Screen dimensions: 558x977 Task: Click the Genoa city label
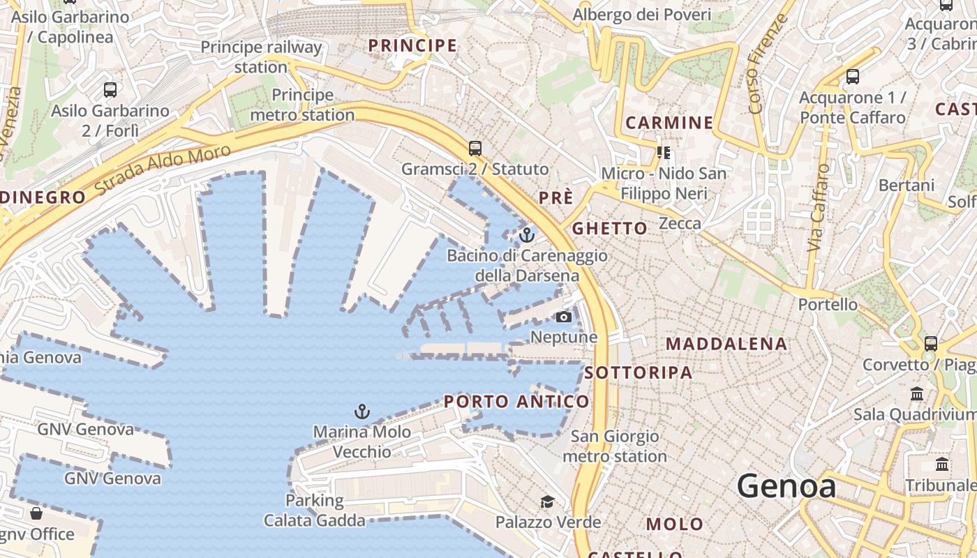[786, 485]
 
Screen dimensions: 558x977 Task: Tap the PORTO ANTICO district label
[516, 402]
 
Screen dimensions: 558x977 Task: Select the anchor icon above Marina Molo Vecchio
[361, 412]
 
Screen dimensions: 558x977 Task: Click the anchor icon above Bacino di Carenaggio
[527, 234]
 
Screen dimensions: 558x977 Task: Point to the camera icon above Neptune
[563, 317]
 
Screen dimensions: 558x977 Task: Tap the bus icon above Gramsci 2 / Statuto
[475, 149]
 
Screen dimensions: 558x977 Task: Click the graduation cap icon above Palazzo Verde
[548, 502]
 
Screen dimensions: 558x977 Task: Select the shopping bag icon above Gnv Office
[36, 514]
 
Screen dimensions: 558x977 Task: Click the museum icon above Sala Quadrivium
[917, 394]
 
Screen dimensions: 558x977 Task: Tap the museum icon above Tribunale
[942, 465]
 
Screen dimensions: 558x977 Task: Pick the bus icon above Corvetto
[930, 344]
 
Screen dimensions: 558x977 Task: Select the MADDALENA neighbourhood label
[726, 344]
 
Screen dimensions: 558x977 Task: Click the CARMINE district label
[669, 123]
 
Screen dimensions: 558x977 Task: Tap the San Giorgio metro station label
[615, 446]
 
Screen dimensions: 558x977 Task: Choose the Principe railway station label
[261, 57]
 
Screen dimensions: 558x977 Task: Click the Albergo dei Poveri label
[641, 15]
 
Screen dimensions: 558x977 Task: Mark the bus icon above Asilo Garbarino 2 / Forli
[110, 90]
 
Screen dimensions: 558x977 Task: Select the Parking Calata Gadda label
[314, 511]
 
